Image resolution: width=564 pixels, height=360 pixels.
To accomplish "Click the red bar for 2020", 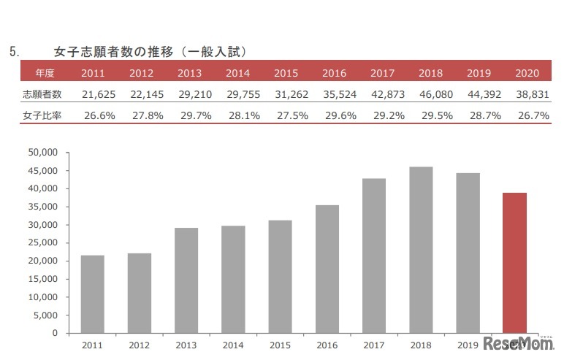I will (x=514, y=263).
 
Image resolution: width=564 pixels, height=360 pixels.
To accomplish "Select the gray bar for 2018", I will (x=421, y=250).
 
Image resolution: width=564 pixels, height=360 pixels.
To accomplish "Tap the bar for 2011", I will (x=93, y=294).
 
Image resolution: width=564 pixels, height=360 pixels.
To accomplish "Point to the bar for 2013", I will (x=186, y=280).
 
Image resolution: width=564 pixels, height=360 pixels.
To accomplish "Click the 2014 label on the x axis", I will (x=233, y=345).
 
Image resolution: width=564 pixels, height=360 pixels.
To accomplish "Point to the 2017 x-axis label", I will (x=374, y=345).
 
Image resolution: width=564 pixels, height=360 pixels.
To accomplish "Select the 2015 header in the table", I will (x=286, y=73).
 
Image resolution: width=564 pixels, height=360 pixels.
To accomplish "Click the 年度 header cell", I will (x=45, y=73).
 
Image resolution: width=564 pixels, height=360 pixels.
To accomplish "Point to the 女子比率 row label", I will (x=42, y=115).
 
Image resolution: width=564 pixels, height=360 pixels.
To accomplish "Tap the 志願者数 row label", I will (x=42, y=95).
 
